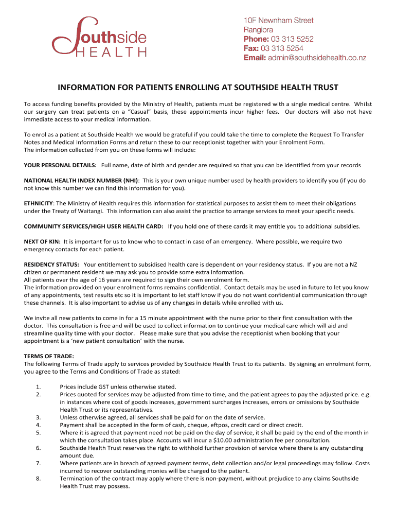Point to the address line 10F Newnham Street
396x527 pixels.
click(278, 21)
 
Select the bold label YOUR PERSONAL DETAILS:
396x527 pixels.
click(60, 165)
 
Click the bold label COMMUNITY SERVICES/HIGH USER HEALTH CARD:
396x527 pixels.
click(94, 226)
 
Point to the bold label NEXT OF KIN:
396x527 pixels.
click(42, 241)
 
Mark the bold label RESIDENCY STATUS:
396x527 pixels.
click(51, 265)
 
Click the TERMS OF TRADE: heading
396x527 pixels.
click(49, 356)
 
